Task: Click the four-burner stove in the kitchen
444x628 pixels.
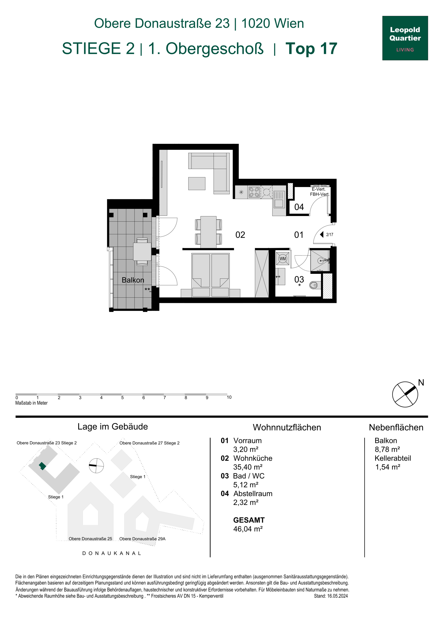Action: coord(254,192)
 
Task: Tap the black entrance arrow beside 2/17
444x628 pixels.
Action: coord(322,234)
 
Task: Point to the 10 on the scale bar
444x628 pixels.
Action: coord(229,397)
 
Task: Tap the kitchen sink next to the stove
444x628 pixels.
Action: coord(279,199)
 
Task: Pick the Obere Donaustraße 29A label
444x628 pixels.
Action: coord(142,539)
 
